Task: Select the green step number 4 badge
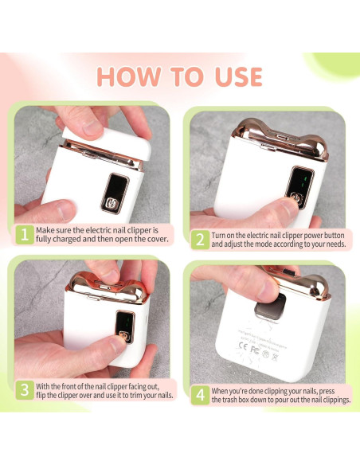199,396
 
